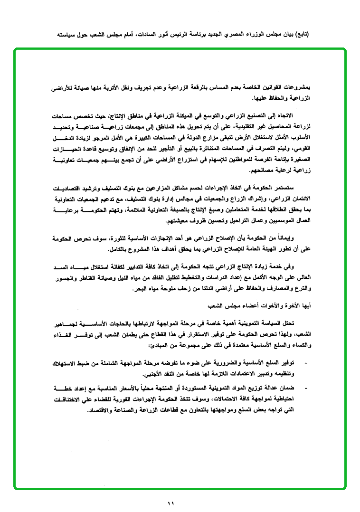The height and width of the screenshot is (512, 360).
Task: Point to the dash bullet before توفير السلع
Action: tap(305, 363)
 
